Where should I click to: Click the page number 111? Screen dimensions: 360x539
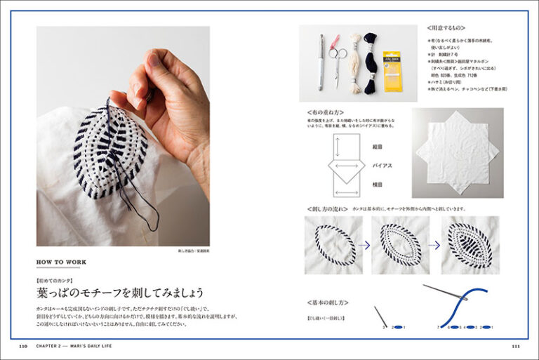(516, 346)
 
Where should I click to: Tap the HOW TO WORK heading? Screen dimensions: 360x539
(62, 262)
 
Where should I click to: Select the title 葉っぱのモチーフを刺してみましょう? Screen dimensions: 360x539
(120, 292)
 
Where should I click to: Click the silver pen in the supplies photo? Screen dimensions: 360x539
(321, 62)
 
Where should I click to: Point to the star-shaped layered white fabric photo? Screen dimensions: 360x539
(457, 151)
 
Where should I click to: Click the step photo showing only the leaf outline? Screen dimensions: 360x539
(333, 244)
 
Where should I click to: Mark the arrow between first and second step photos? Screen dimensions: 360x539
(366, 245)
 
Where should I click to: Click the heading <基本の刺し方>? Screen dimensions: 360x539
(328, 302)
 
